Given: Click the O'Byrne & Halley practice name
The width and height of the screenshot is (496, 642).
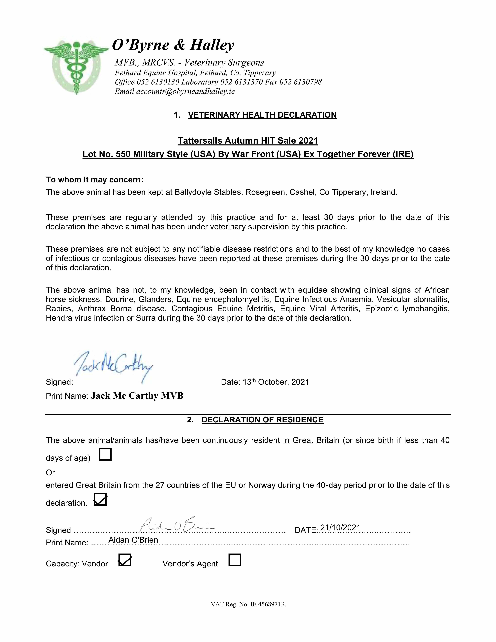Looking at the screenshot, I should (x=173, y=45).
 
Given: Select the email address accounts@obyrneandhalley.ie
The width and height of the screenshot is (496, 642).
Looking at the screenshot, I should (x=185, y=91).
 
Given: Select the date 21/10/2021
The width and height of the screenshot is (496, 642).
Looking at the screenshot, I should (x=340, y=528).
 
